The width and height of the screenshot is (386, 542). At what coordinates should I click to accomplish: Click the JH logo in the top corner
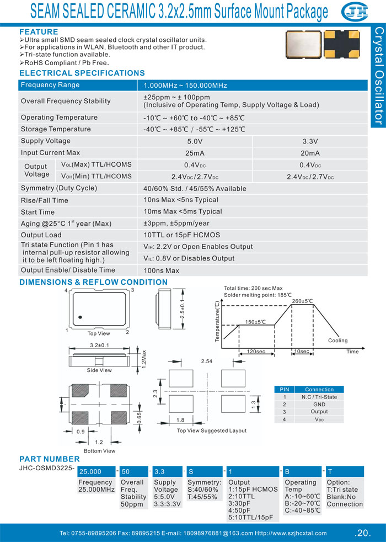[x=355, y=12]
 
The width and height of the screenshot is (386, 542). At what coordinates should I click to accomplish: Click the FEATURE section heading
[x=39, y=32]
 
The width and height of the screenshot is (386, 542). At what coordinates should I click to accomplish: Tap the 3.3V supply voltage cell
[x=310, y=141]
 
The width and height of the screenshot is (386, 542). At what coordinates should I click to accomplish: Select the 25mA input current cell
[x=195, y=153]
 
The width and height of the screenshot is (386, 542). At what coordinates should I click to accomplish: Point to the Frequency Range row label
[x=50, y=85]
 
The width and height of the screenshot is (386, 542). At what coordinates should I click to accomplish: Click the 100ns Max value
[x=161, y=270]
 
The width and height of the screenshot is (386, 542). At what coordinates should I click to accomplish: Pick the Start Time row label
[x=37, y=212]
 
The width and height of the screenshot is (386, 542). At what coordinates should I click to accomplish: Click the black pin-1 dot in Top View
[x=80, y=317]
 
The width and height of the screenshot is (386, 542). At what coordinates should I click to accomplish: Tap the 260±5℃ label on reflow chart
[x=302, y=301]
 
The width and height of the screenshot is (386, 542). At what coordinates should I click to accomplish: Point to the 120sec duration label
[x=256, y=352]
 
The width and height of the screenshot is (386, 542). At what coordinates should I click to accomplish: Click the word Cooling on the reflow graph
[x=337, y=341]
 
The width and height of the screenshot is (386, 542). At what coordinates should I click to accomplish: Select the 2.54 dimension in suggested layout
[x=206, y=361]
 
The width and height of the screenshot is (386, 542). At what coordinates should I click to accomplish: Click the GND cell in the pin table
[x=319, y=405]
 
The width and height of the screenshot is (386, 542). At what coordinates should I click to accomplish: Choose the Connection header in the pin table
[x=319, y=390]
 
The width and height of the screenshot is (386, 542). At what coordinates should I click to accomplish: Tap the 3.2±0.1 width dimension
[x=99, y=346]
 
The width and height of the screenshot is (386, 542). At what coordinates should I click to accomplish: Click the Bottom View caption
[x=99, y=451]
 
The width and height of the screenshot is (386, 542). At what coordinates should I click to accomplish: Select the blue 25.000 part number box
[x=96, y=471]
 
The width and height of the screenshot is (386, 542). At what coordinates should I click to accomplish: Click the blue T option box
[x=345, y=471]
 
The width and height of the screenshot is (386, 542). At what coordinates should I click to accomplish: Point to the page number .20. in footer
[x=362, y=533]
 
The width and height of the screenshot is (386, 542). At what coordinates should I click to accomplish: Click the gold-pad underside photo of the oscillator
[x=342, y=44]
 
